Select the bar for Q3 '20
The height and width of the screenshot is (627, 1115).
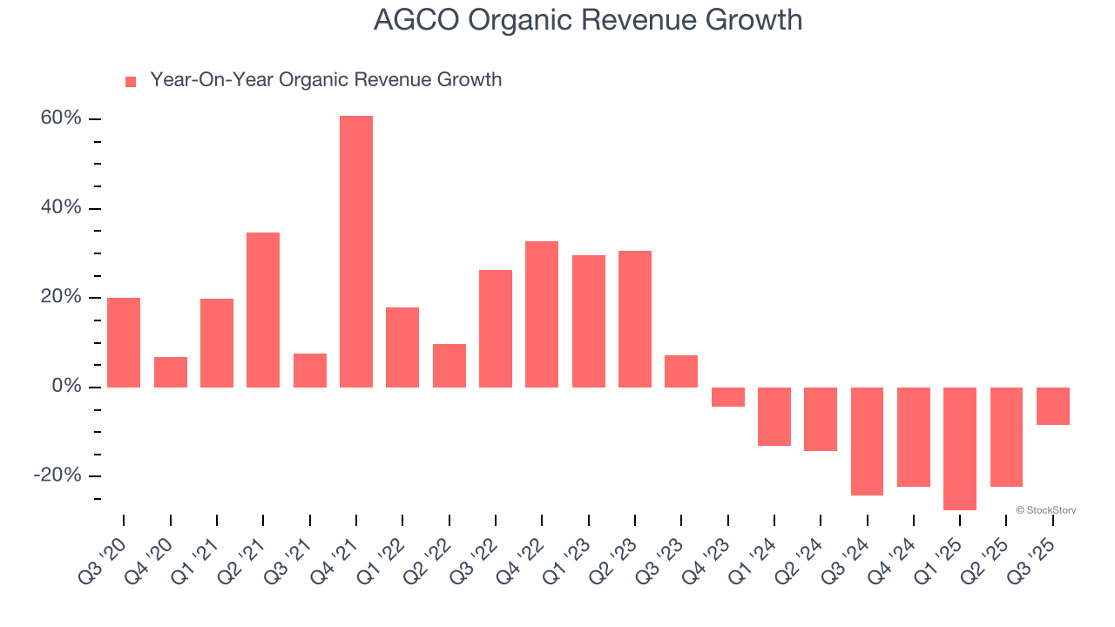point(124,342)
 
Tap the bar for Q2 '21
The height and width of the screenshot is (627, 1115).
point(263,309)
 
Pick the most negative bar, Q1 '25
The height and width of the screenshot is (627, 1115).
point(960,448)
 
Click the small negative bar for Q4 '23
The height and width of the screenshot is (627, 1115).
point(728,397)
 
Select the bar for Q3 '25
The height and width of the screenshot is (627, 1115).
point(1053,406)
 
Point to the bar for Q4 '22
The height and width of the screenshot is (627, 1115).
point(542,313)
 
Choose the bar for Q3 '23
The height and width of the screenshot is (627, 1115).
point(681,371)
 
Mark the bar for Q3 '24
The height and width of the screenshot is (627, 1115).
point(868,441)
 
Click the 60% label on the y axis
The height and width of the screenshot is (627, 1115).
point(61,118)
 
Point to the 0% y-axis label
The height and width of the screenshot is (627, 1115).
point(66,386)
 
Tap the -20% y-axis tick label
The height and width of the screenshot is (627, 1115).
point(57,475)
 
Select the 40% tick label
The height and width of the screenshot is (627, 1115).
point(61,208)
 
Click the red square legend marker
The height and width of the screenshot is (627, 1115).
point(131,81)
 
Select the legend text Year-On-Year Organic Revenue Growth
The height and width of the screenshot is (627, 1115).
point(326,80)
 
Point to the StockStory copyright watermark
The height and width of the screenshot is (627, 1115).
point(1045,510)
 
